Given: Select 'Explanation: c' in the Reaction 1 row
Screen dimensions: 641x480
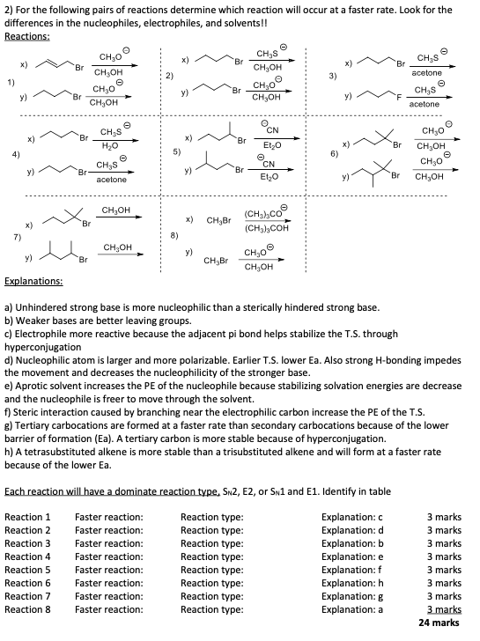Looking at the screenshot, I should pos(352,517).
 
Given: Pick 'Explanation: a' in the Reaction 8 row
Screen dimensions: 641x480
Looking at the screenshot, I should pos(352,609).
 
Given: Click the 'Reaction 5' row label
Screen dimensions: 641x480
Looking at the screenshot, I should pos(28,570).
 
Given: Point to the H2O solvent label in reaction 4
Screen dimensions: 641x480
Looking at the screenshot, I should pos(111,145).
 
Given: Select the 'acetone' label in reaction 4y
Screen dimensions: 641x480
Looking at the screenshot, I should pos(111,179).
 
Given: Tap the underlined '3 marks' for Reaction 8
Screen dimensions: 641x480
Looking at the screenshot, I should pos(444,609).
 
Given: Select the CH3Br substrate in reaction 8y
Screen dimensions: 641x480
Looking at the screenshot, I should pos(216,261).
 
